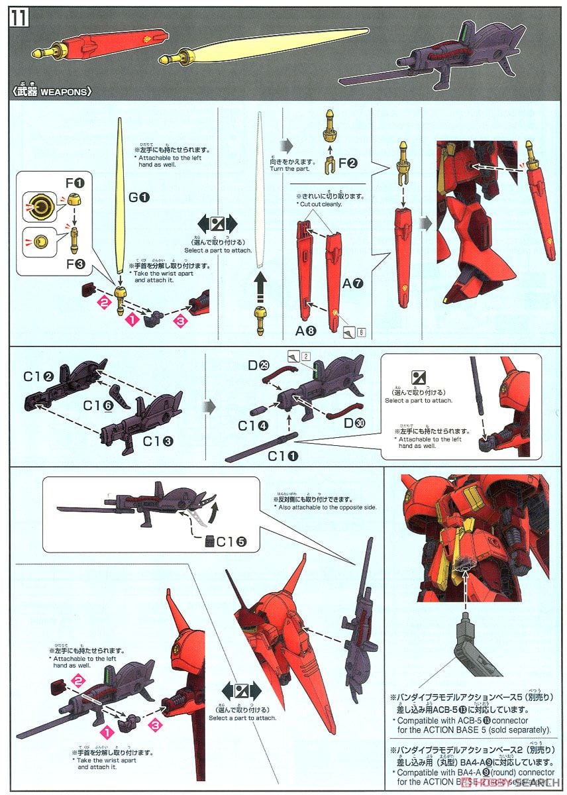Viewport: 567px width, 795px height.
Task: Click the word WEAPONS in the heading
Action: click(64, 92)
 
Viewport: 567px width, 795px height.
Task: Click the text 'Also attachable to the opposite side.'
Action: click(325, 507)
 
